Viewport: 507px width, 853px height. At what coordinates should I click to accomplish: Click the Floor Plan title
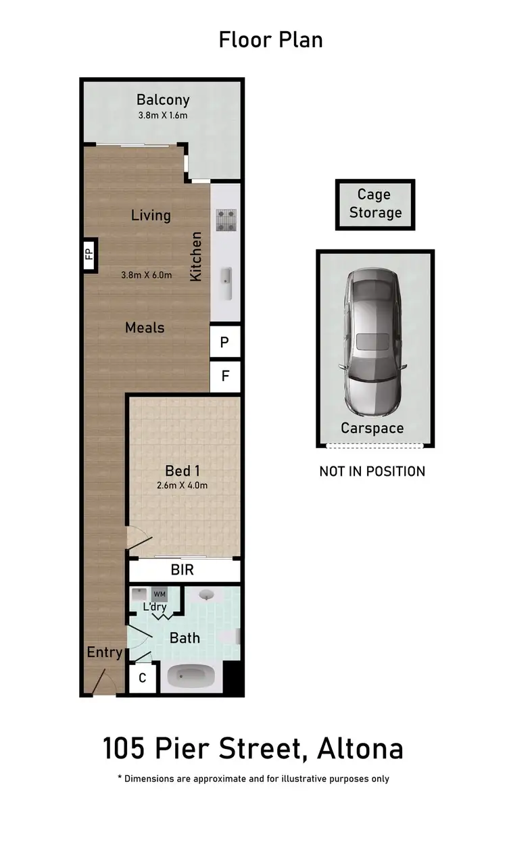(x=270, y=40)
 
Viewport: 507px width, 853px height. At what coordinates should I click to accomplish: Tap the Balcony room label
(x=163, y=100)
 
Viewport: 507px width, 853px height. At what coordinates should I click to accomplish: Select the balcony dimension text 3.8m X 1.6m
(x=162, y=116)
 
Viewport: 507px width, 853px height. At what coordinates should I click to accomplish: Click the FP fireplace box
(x=89, y=254)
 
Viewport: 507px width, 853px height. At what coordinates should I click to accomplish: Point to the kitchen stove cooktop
(x=225, y=220)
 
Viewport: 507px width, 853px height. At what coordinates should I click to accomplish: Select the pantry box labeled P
(x=225, y=343)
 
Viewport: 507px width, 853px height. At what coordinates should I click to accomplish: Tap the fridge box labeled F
(x=225, y=376)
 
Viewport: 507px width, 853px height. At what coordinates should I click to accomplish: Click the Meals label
(x=145, y=328)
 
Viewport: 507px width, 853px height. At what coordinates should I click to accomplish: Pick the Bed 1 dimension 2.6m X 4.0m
(x=183, y=485)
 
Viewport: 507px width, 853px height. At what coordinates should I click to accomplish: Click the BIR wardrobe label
(x=183, y=570)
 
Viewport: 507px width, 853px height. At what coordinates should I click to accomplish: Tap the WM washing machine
(x=160, y=595)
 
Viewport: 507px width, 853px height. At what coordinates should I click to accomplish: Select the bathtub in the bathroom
(x=191, y=677)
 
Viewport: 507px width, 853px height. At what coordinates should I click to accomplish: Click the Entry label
(x=104, y=653)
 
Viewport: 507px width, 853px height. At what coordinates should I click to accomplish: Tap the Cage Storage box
(x=375, y=204)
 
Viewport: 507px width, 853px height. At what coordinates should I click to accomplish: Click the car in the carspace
(x=375, y=345)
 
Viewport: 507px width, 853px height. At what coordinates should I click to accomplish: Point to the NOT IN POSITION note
(x=372, y=471)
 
